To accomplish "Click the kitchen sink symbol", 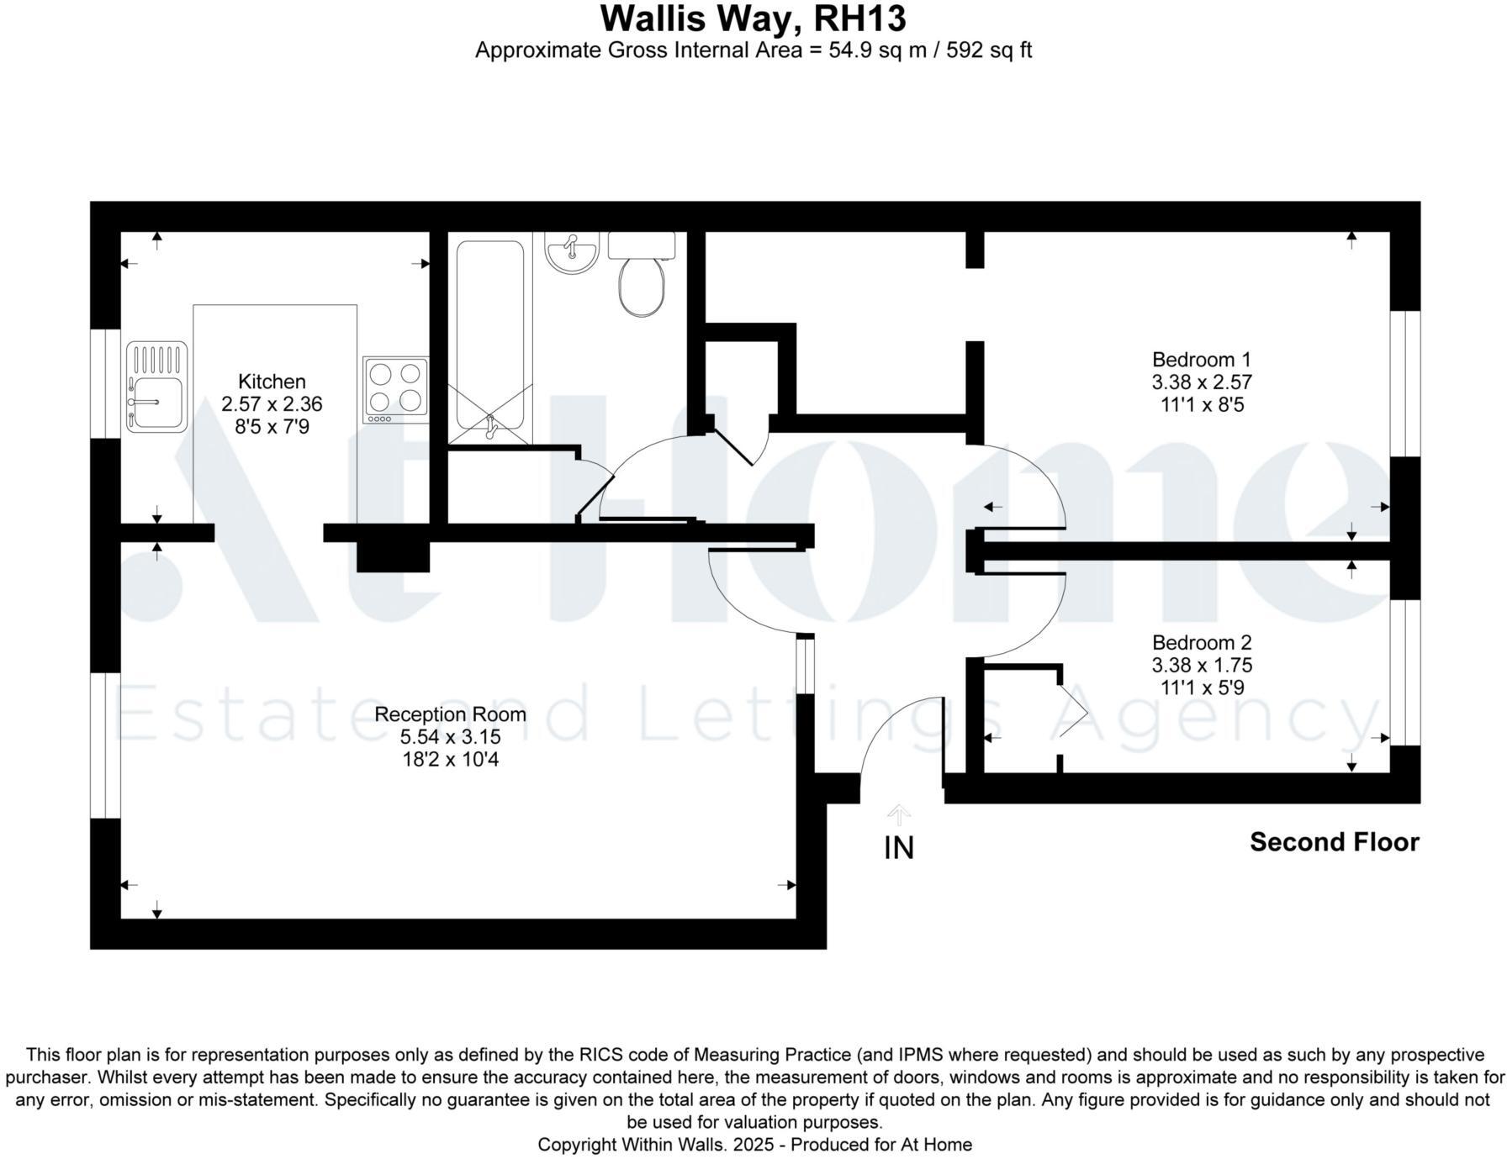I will coord(156,387).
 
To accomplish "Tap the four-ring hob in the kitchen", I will coord(395,390).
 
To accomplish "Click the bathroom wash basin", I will coord(572,253).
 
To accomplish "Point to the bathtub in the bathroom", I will coord(490,336).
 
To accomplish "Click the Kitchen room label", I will coord(272,382).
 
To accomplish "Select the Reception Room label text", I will coord(450,714).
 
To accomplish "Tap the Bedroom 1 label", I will coord(1202,360).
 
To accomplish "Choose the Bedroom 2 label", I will coord(1202,643).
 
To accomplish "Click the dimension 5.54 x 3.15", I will coord(450,737).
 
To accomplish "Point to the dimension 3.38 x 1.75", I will coord(1202,666).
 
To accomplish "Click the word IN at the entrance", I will coord(899,848).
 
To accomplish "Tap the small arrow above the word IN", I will coord(899,814).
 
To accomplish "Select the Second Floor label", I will coord(1334,842).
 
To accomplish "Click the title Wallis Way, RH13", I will coord(753,18).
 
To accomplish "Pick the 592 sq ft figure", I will coord(989,50).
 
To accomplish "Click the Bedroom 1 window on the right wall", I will coord(1405,384).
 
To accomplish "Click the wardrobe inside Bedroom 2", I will coord(1020,719).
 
